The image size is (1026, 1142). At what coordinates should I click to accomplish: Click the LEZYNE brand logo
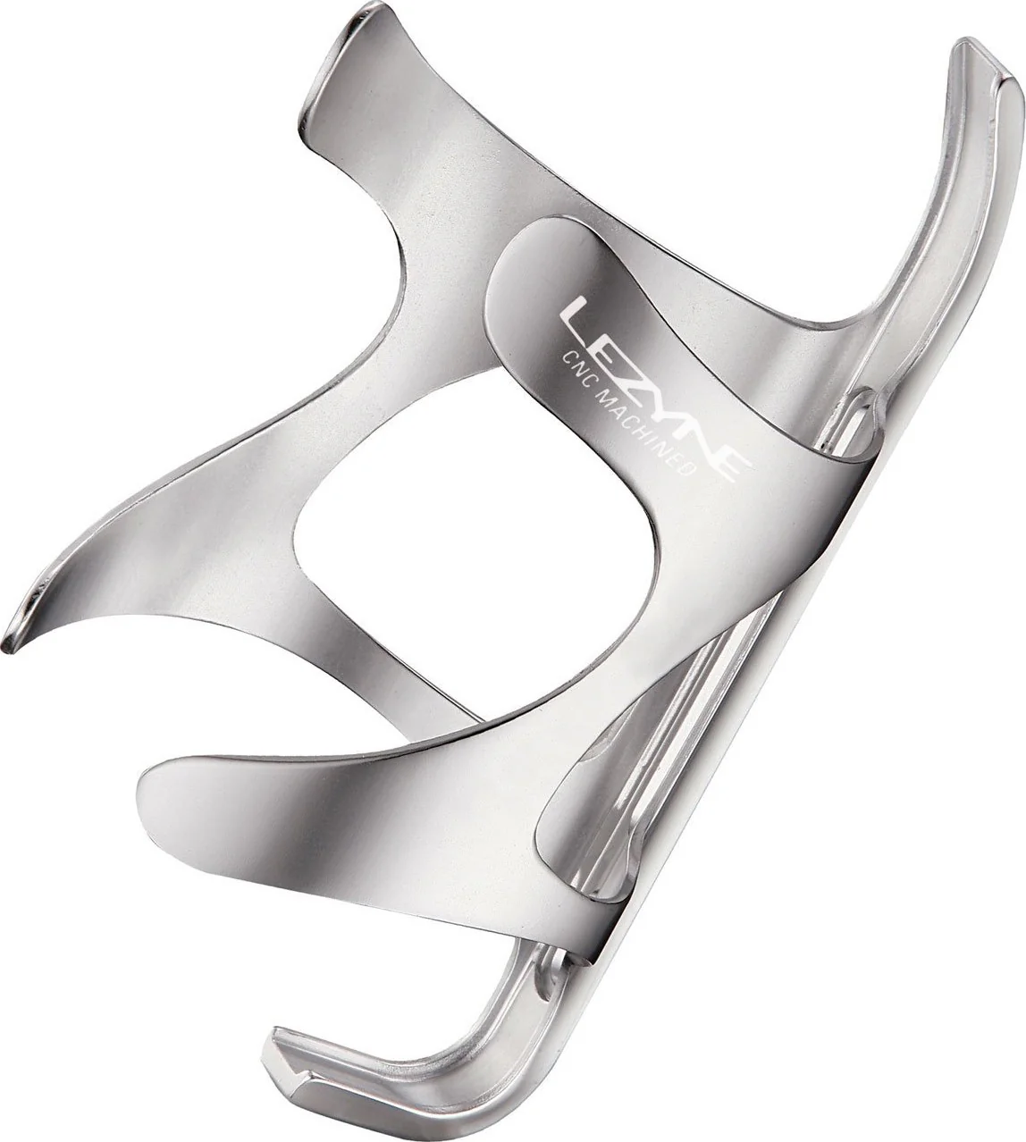click(654, 389)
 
